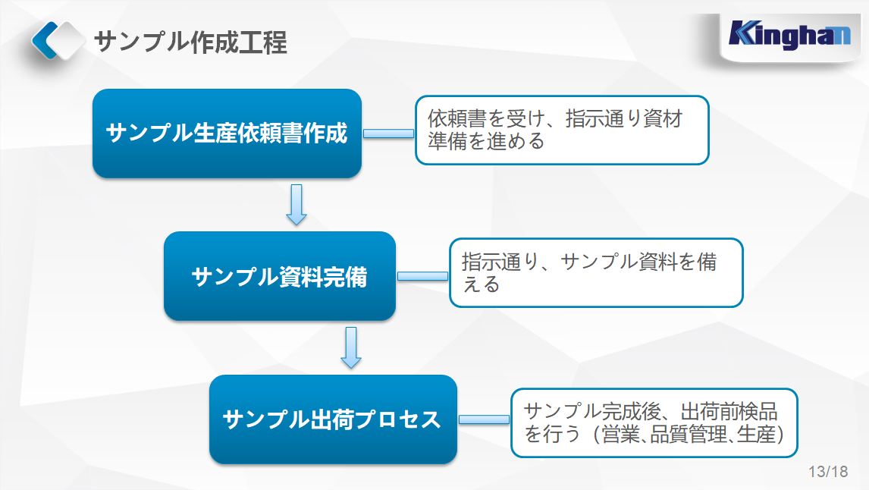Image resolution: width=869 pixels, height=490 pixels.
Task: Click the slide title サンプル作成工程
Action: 190,42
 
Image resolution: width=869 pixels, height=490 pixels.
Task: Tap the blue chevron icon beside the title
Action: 58,41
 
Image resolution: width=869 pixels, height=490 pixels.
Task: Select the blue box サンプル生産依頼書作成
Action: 227,133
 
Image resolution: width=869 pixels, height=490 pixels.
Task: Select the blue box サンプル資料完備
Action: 279,276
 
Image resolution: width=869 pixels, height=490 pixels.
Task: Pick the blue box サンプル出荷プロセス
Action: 333,419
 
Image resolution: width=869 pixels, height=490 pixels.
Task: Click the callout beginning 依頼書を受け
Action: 561,130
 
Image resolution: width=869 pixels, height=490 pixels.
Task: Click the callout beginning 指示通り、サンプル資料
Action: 596,273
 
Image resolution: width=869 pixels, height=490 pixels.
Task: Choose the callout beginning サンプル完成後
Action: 654,422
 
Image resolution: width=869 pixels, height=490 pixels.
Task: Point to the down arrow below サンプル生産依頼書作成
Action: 296,205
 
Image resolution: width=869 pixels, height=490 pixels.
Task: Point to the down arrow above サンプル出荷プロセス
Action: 350,347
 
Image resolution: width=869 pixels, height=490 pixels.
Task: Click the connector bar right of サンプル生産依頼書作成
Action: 387,133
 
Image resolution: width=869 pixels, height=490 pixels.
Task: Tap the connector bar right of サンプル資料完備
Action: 422,276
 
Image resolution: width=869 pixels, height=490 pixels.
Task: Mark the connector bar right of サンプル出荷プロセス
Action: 484,419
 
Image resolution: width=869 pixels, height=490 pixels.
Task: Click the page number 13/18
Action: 828,472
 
